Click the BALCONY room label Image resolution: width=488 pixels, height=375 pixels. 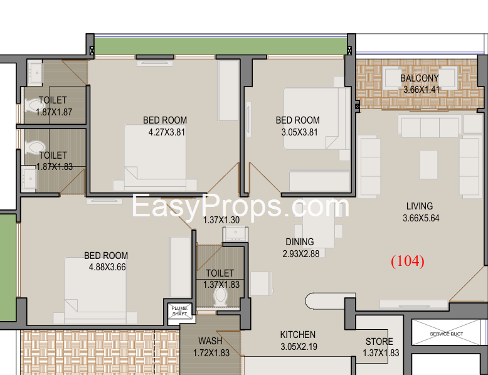pos(419,78)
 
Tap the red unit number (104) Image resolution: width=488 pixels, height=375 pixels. pos(407,261)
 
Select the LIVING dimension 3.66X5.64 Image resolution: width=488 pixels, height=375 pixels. pos(421,218)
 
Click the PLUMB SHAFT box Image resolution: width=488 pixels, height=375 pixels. pos(179,311)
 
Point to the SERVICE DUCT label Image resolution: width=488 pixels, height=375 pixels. pos(447,334)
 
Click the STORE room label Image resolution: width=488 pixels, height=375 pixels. pos(379,341)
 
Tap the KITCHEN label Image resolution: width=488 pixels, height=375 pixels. pos(297,334)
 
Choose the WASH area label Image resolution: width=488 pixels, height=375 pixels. pos(210,341)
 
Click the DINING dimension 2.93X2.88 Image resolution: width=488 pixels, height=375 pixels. pos(300,254)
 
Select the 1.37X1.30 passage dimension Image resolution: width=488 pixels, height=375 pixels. pos(221,220)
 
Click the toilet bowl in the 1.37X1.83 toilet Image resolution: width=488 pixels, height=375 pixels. pos(221,295)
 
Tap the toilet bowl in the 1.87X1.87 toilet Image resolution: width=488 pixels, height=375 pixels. pos(34,105)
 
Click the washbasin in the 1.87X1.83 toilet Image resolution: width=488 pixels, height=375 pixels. pos(29,178)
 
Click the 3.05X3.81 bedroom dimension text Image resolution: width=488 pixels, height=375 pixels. pos(299,132)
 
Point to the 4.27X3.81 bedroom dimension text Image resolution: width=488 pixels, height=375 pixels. pos(166,132)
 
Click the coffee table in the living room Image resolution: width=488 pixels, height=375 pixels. pos(428,165)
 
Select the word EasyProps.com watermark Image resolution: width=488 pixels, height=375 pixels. pos(240,206)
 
